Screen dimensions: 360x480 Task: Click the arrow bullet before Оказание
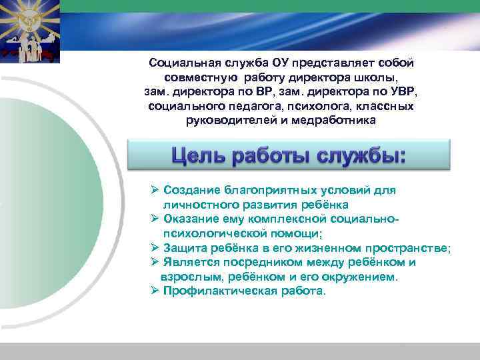(155, 219)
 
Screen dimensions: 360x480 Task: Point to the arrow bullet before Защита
(155, 248)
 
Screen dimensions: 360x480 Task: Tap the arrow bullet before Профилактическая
(155, 292)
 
